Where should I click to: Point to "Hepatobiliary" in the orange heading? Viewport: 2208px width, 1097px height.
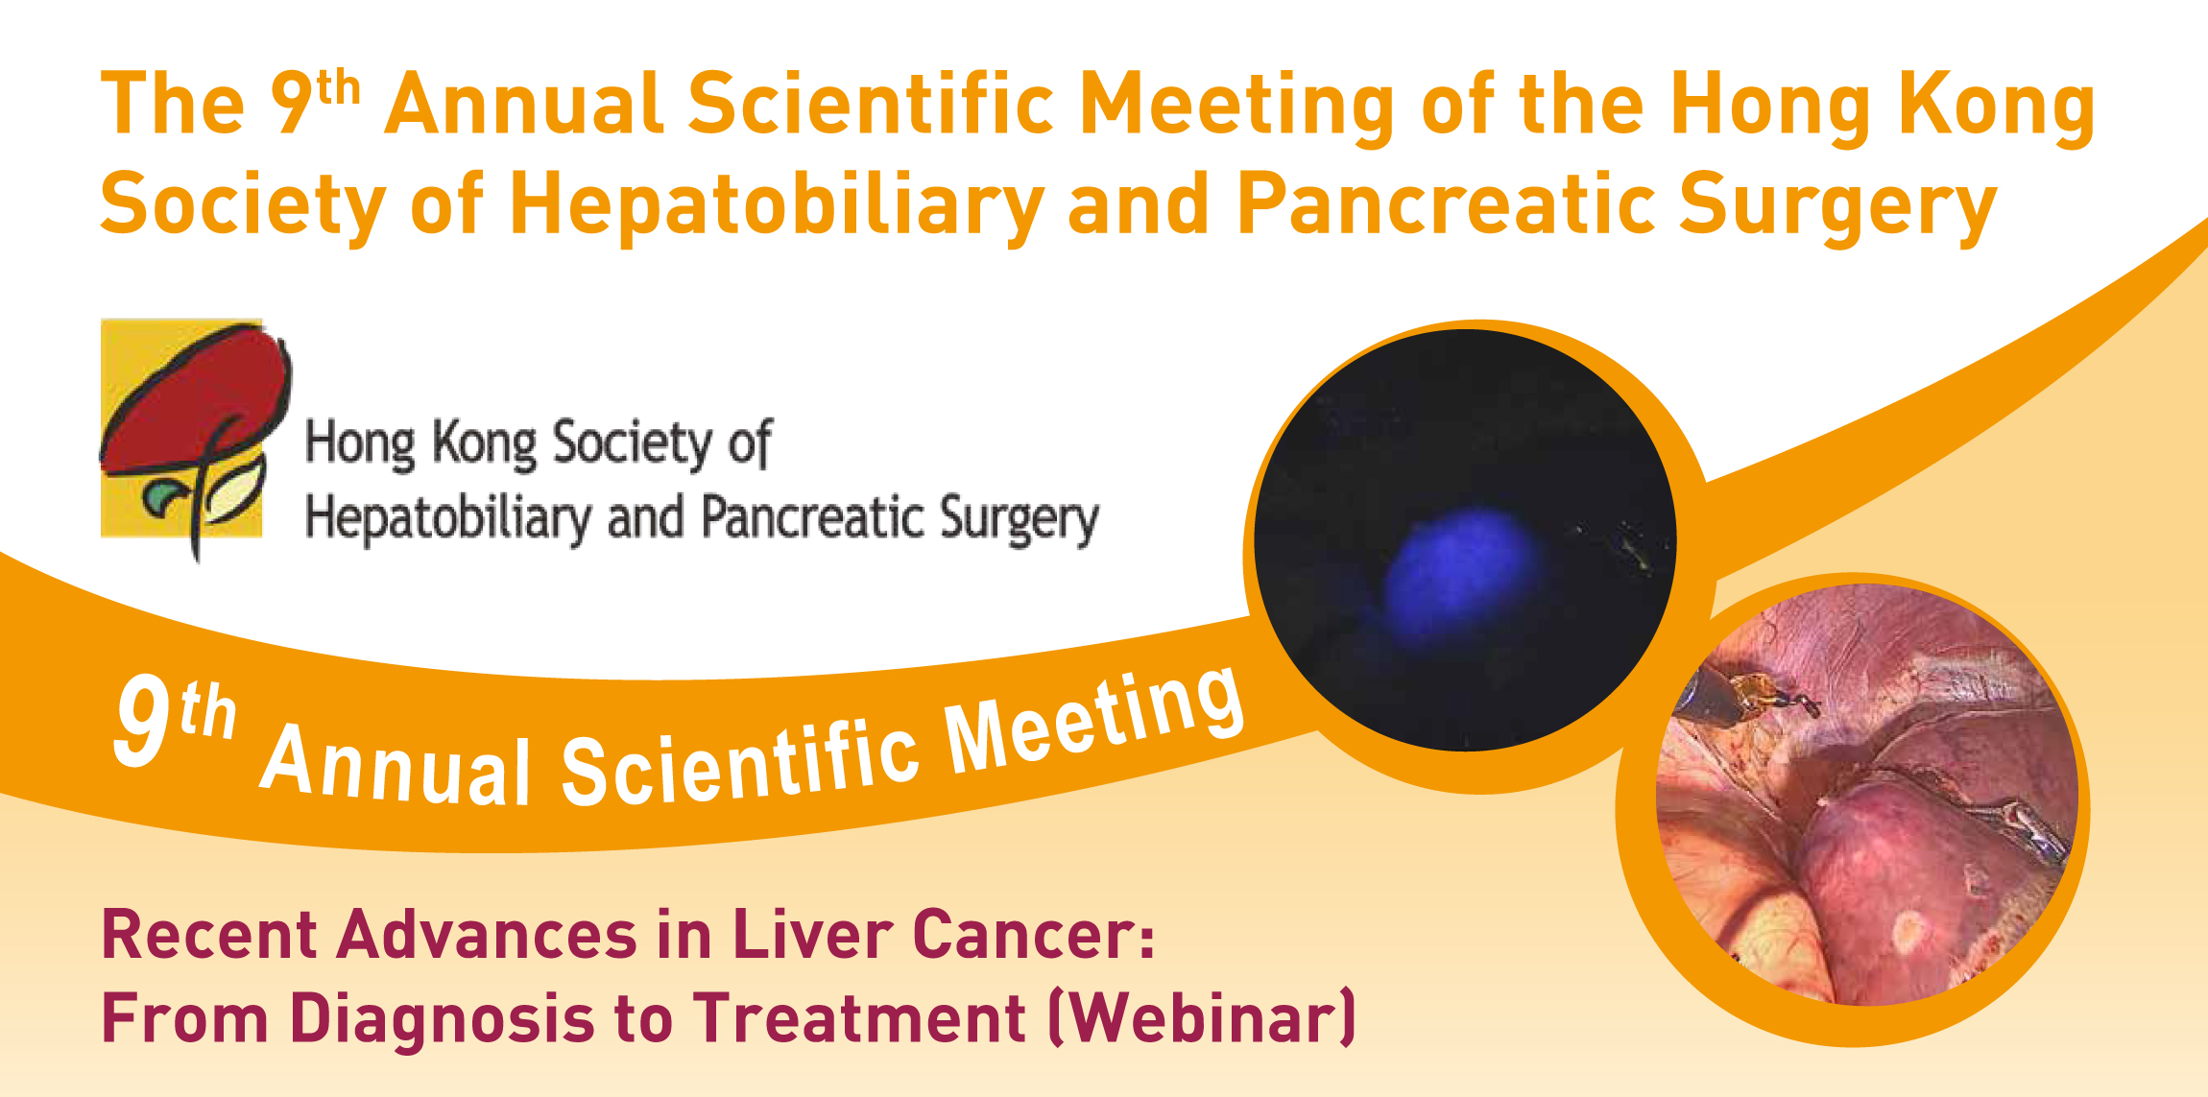pos(777,205)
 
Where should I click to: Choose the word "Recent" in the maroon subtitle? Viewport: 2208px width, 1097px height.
pos(209,935)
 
